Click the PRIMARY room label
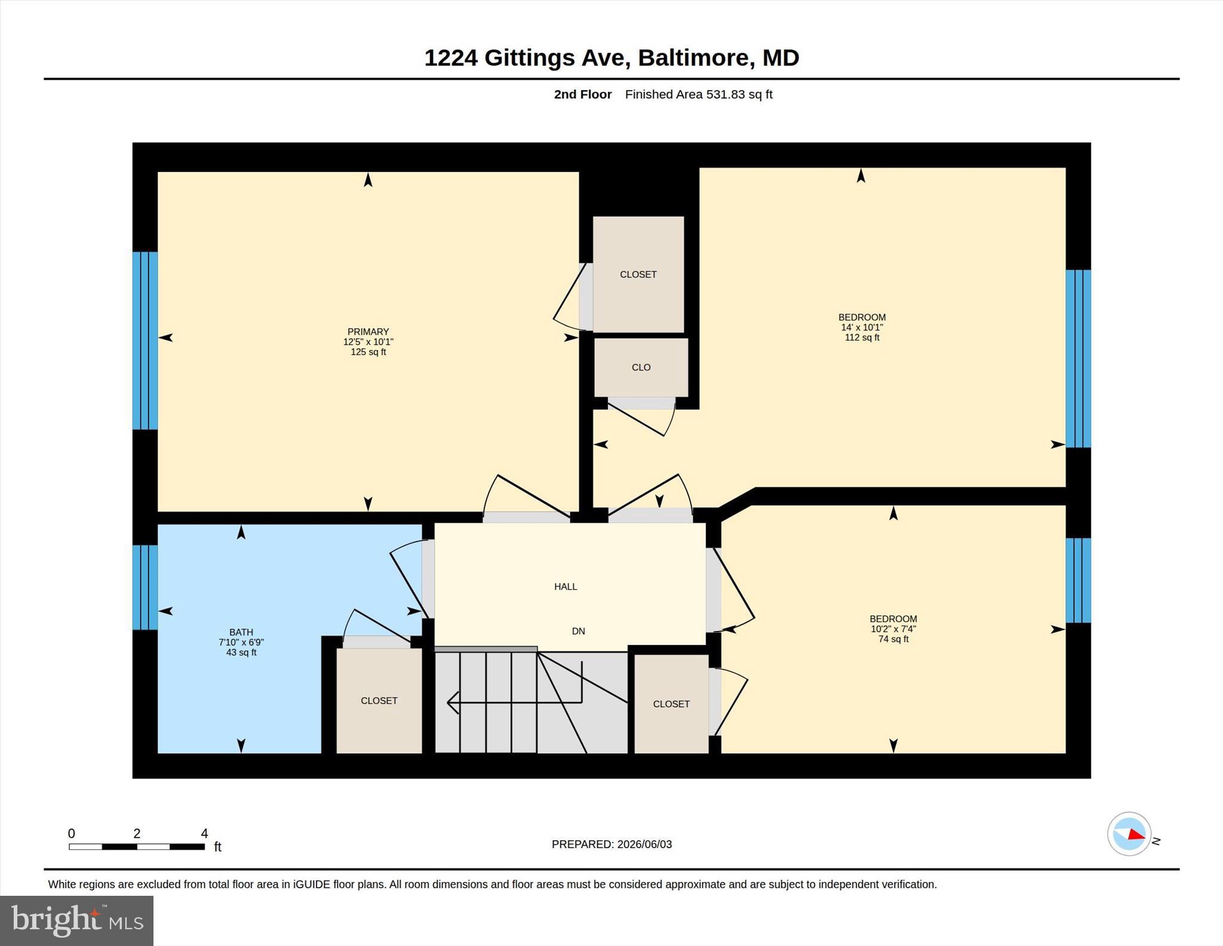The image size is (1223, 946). click(368, 332)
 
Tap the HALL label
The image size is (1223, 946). click(566, 587)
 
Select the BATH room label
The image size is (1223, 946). click(241, 632)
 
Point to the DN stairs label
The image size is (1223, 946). click(578, 631)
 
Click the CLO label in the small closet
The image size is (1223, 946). click(641, 368)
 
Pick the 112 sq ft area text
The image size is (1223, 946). click(862, 338)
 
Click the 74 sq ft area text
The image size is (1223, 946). click(893, 639)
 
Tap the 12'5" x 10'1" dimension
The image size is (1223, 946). click(368, 342)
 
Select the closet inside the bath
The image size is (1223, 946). click(379, 700)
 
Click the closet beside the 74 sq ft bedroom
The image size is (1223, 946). click(671, 704)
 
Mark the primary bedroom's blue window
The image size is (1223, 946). click(145, 341)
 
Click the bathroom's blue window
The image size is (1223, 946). click(145, 587)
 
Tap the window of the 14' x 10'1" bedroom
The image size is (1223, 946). click(1078, 359)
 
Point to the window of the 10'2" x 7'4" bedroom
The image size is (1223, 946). click(1078, 580)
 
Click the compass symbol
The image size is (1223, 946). click(1129, 834)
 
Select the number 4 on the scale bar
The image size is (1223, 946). click(204, 833)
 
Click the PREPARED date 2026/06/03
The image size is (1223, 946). click(644, 844)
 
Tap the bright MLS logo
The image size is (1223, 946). click(77, 921)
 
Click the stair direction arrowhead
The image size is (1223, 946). click(453, 703)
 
